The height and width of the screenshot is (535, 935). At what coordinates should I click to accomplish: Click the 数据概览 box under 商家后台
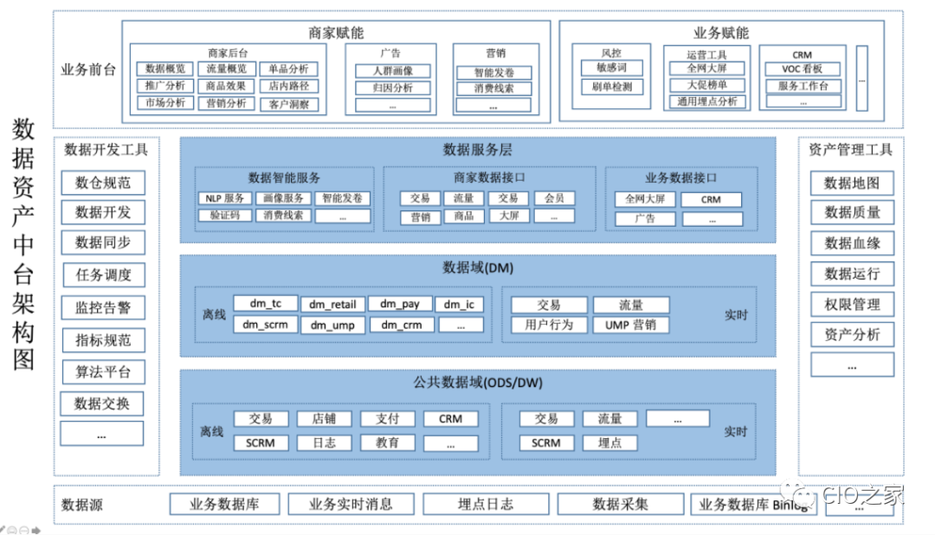(x=165, y=68)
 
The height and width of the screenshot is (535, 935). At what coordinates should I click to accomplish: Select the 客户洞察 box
(x=288, y=104)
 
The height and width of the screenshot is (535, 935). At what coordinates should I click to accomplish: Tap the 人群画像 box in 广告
(x=393, y=71)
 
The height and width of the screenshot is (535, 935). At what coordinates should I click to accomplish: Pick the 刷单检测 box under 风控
(x=612, y=87)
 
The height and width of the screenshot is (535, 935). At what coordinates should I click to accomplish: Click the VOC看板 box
(x=803, y=69)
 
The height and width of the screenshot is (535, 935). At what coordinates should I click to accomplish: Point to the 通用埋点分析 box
(x=707, y=101)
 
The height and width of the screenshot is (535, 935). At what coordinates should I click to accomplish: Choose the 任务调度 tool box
(x=103, y=275)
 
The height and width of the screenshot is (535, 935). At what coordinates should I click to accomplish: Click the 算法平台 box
(x=103, y=372)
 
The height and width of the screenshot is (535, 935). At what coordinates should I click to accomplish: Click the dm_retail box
(x=333, y=304)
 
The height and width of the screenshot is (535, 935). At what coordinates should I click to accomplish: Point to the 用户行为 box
(x=548, y=325)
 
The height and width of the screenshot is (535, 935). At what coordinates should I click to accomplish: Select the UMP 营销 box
(x=630, y=325)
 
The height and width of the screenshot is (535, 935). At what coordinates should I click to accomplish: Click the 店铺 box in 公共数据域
(x=324, y=419)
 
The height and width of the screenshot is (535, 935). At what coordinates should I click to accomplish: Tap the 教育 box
(x=388, y=442)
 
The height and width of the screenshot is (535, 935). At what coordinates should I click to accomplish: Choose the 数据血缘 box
(x=852, y=243)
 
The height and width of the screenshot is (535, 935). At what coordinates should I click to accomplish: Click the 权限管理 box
(x=852, y=305)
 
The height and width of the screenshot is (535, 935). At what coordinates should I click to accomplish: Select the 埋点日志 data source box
(x=485, y=504)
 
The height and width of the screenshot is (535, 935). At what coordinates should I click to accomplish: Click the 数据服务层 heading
(x=478, y=150)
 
